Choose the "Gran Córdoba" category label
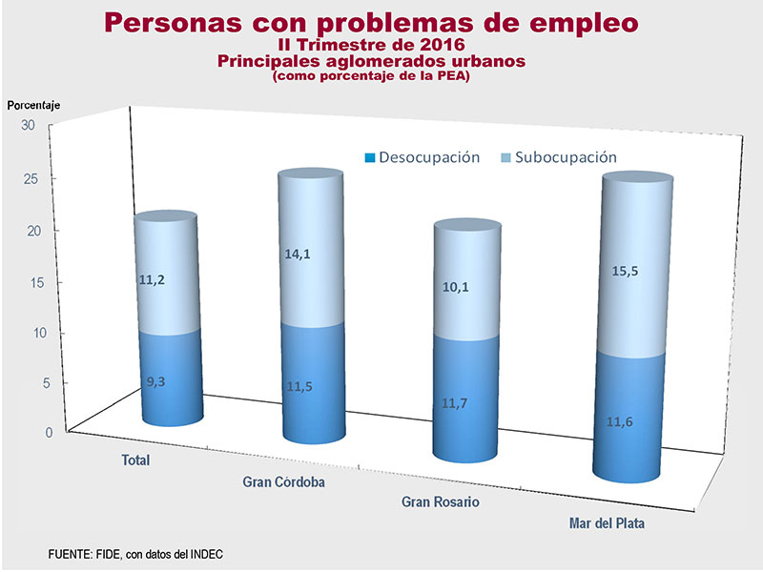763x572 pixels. [284, 481]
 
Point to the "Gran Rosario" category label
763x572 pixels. [440, 501]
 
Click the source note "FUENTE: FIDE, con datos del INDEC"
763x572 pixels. [135, 554]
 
